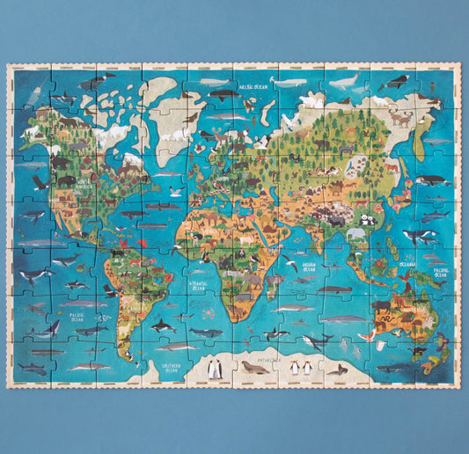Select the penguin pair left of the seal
[x=214, y=370]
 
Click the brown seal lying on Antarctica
[x=254, y=369]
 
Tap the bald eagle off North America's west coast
[x=39, y=182]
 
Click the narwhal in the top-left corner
[x=95, y=82]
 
